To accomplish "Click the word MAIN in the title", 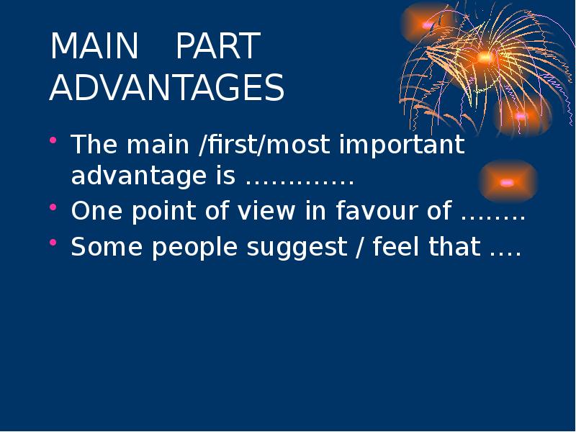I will [94, 48].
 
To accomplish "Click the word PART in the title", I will [217, 48].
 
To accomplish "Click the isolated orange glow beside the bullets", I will [508, 181].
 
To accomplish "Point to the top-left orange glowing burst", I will [429, 24].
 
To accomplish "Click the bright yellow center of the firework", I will [485, 57].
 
